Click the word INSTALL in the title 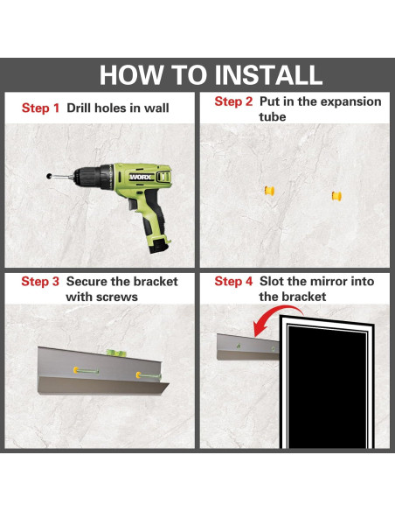269,75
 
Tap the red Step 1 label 41,108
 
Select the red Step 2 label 233,101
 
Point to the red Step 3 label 40,281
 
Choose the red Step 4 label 233,281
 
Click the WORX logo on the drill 141,177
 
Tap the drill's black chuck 89,178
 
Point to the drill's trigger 133,205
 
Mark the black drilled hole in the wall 49,176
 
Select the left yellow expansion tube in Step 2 269,191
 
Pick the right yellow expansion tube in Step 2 336,196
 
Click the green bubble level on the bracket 116,353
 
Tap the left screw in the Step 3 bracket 86,370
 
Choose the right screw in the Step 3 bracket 149,376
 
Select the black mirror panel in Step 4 327,386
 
